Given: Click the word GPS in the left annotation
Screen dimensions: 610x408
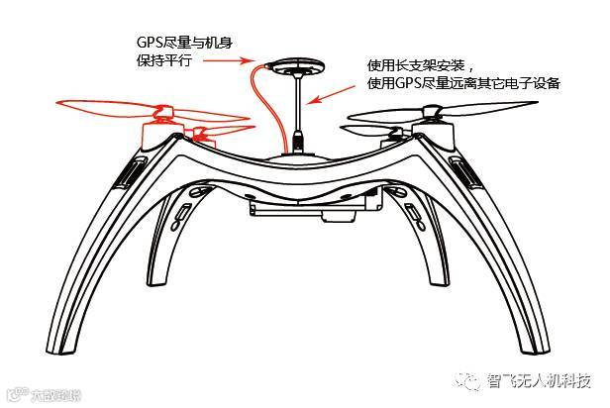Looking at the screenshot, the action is pos(150,43).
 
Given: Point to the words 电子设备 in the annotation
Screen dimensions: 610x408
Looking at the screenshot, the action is pos(535,83).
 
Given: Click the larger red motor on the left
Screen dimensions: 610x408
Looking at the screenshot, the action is pos(157,127).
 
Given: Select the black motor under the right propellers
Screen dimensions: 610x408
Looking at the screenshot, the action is pos(434,129).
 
